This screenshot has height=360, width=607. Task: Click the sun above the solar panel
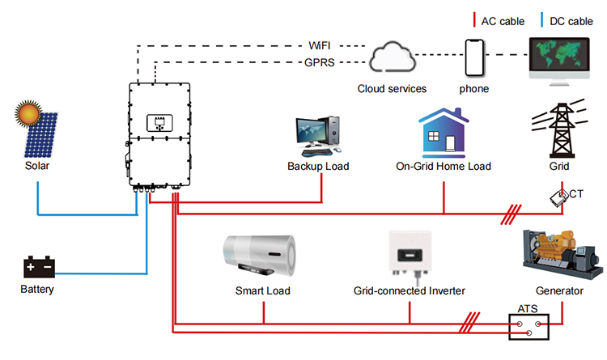[x=28, y=113]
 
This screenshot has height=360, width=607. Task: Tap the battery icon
[x=39, y=267]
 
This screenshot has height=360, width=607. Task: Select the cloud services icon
[x=393, y=57]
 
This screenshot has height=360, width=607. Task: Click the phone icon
[x=474, y=57]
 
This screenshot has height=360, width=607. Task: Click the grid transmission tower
[x=560, y=129]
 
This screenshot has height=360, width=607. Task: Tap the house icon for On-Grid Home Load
[x=444, y=133]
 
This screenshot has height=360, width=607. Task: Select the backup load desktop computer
[x=318, y=136]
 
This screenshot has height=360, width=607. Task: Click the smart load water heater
[x=259, y=256]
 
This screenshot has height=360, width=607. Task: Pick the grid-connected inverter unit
[x=410, y=254]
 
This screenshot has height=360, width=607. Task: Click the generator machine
[x=562, y=254]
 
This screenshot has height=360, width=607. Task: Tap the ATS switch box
[x=528, y=327]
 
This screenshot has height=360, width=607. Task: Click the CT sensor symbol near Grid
[x=558, y=198]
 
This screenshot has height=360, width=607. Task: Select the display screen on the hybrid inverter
[x=159, y=123]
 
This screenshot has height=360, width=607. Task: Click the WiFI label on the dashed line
[x=320, y=45]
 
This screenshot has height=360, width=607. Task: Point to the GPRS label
[x=320, y=62]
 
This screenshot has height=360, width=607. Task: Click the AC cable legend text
[x=503, y=21]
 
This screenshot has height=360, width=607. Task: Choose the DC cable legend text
[x=571, y=21]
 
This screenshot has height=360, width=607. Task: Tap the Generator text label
[x=559, y=290]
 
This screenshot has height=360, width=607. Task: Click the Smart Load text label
[x=263, y=290]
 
